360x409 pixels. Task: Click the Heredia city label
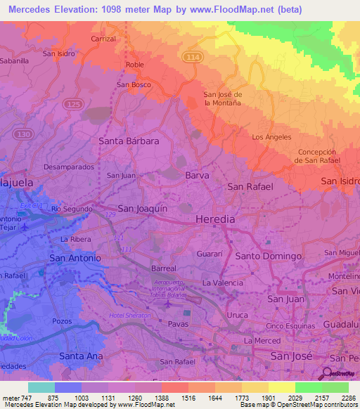(214, 219)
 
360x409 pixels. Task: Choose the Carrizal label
(103, 39)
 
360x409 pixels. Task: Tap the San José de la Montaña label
(222, 98)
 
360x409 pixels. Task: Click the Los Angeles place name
(271, 137)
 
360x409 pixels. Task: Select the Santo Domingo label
(268, 257)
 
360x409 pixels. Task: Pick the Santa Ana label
(82, 356)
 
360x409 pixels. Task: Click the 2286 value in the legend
(347, 397)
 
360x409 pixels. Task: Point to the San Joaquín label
(142, 208)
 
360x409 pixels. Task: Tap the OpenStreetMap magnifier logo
(327, 373)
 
